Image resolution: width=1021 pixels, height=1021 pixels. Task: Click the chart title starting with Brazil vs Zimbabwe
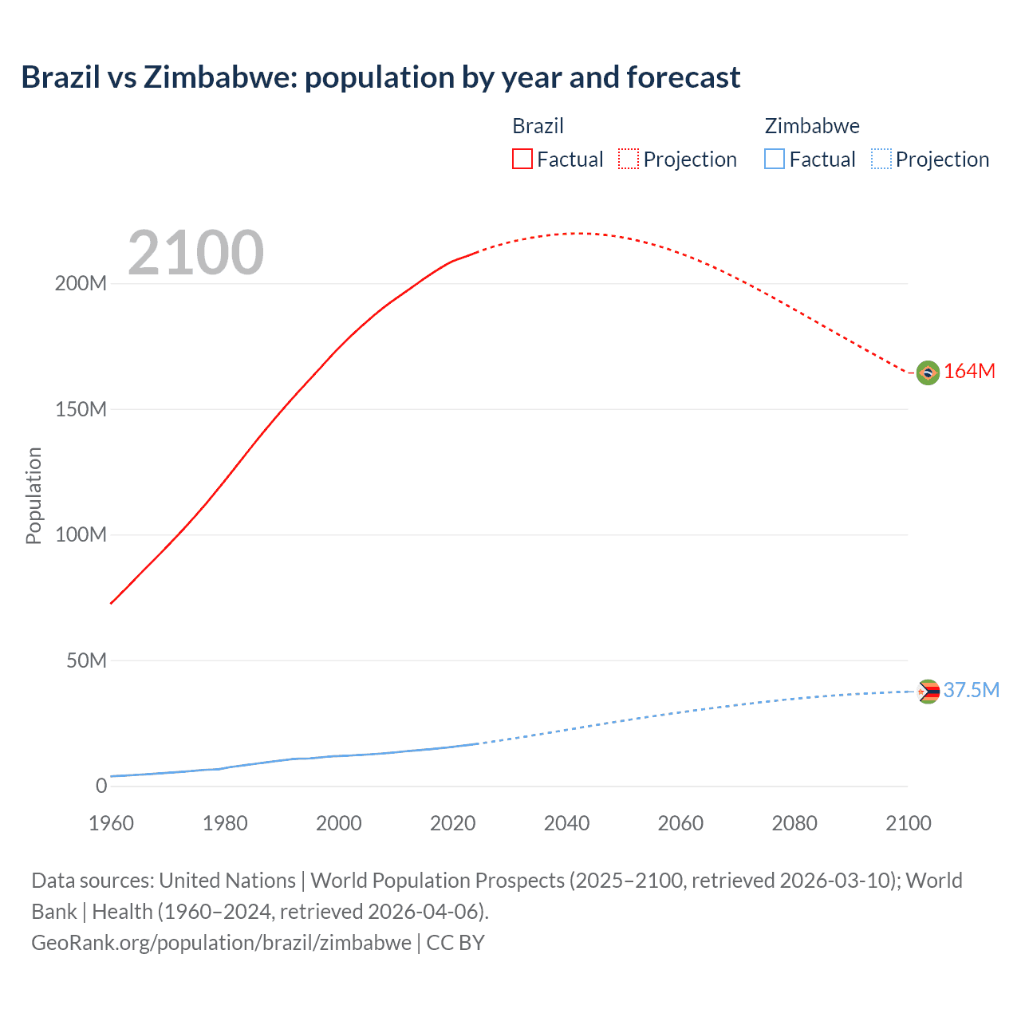click(380, 77)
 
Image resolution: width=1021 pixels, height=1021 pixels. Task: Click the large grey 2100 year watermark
click(195, 253)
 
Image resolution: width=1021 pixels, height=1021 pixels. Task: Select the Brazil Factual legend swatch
click(522, 159)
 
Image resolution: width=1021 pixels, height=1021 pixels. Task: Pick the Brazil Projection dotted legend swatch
click(629, 159)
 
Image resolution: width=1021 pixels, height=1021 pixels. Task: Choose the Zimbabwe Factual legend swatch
click(774, 159)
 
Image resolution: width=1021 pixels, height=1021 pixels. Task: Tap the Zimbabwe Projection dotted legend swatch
click(881, 159)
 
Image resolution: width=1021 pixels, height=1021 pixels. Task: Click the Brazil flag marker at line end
click(928, 373)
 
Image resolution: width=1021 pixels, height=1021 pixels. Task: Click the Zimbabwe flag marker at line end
click(928, 692)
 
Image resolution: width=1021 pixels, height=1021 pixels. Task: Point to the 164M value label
click(969, 372)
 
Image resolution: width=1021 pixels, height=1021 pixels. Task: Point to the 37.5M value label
click(971, 691)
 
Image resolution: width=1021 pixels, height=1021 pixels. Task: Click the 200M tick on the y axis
click(81, 284)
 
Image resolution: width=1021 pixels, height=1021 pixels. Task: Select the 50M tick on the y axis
click(86, 660)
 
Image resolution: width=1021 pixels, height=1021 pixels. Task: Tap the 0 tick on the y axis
click(101, 786)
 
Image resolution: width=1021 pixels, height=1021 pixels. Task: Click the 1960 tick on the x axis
click(111, 823)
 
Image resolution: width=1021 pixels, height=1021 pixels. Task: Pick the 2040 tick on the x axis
click(566, 823)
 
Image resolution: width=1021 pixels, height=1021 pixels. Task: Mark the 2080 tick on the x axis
click(794, 823)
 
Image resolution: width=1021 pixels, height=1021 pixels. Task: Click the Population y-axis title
click(34, 495)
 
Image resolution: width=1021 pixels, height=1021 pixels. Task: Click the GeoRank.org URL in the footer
click(221, 943)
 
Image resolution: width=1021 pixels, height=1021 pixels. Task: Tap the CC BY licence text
click(455, 943)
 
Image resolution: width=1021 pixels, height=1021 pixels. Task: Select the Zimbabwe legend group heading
click(811, 126)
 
